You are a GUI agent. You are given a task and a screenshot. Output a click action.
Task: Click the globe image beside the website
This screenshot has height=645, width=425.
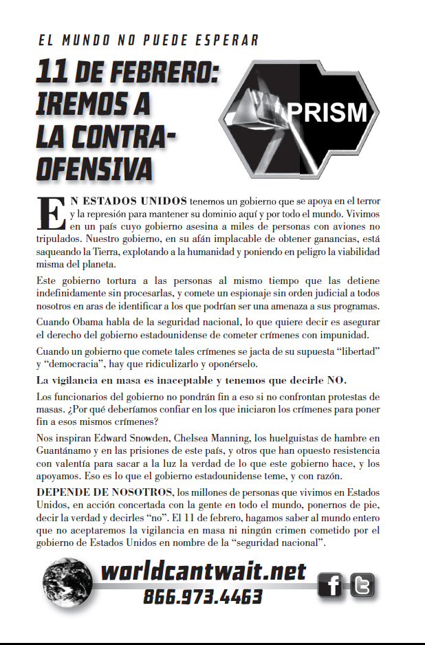pos(67,582)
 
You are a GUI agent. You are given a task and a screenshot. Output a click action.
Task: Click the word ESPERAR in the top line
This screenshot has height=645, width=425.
pos(227,41)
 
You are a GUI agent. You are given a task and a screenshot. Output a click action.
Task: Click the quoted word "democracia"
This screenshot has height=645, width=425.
pos(85,364)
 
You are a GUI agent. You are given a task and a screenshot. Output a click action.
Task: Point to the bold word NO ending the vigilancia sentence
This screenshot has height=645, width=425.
pos(338,380)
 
